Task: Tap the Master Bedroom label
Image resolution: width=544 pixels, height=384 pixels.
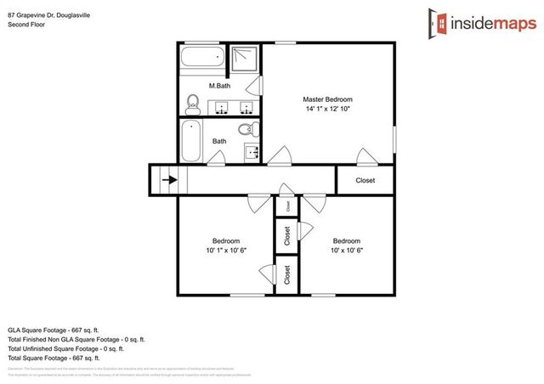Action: (x=328, y=99)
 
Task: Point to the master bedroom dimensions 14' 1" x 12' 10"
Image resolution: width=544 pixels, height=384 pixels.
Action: (x=328, y=110)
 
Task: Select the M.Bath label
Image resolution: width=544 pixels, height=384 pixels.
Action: (x=219, y=86)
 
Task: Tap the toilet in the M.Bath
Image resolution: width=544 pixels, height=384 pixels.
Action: (x=192, y=105)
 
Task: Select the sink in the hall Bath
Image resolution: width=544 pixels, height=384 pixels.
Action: (x=252, y=152)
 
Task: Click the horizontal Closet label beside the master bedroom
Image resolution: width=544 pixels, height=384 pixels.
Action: (x=365, y=180)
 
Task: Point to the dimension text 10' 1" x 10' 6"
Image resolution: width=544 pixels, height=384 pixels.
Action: (x=225, y=251)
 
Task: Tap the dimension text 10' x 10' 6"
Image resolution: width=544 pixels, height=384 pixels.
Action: (x=346, y=251)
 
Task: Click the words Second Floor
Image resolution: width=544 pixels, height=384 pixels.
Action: (x=26, y=24)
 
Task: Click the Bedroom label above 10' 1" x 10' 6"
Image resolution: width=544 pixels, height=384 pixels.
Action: (x=225, y=240)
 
